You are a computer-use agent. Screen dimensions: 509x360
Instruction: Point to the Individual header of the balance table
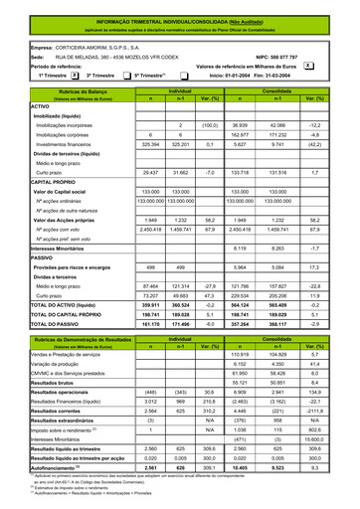coord(180,89)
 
